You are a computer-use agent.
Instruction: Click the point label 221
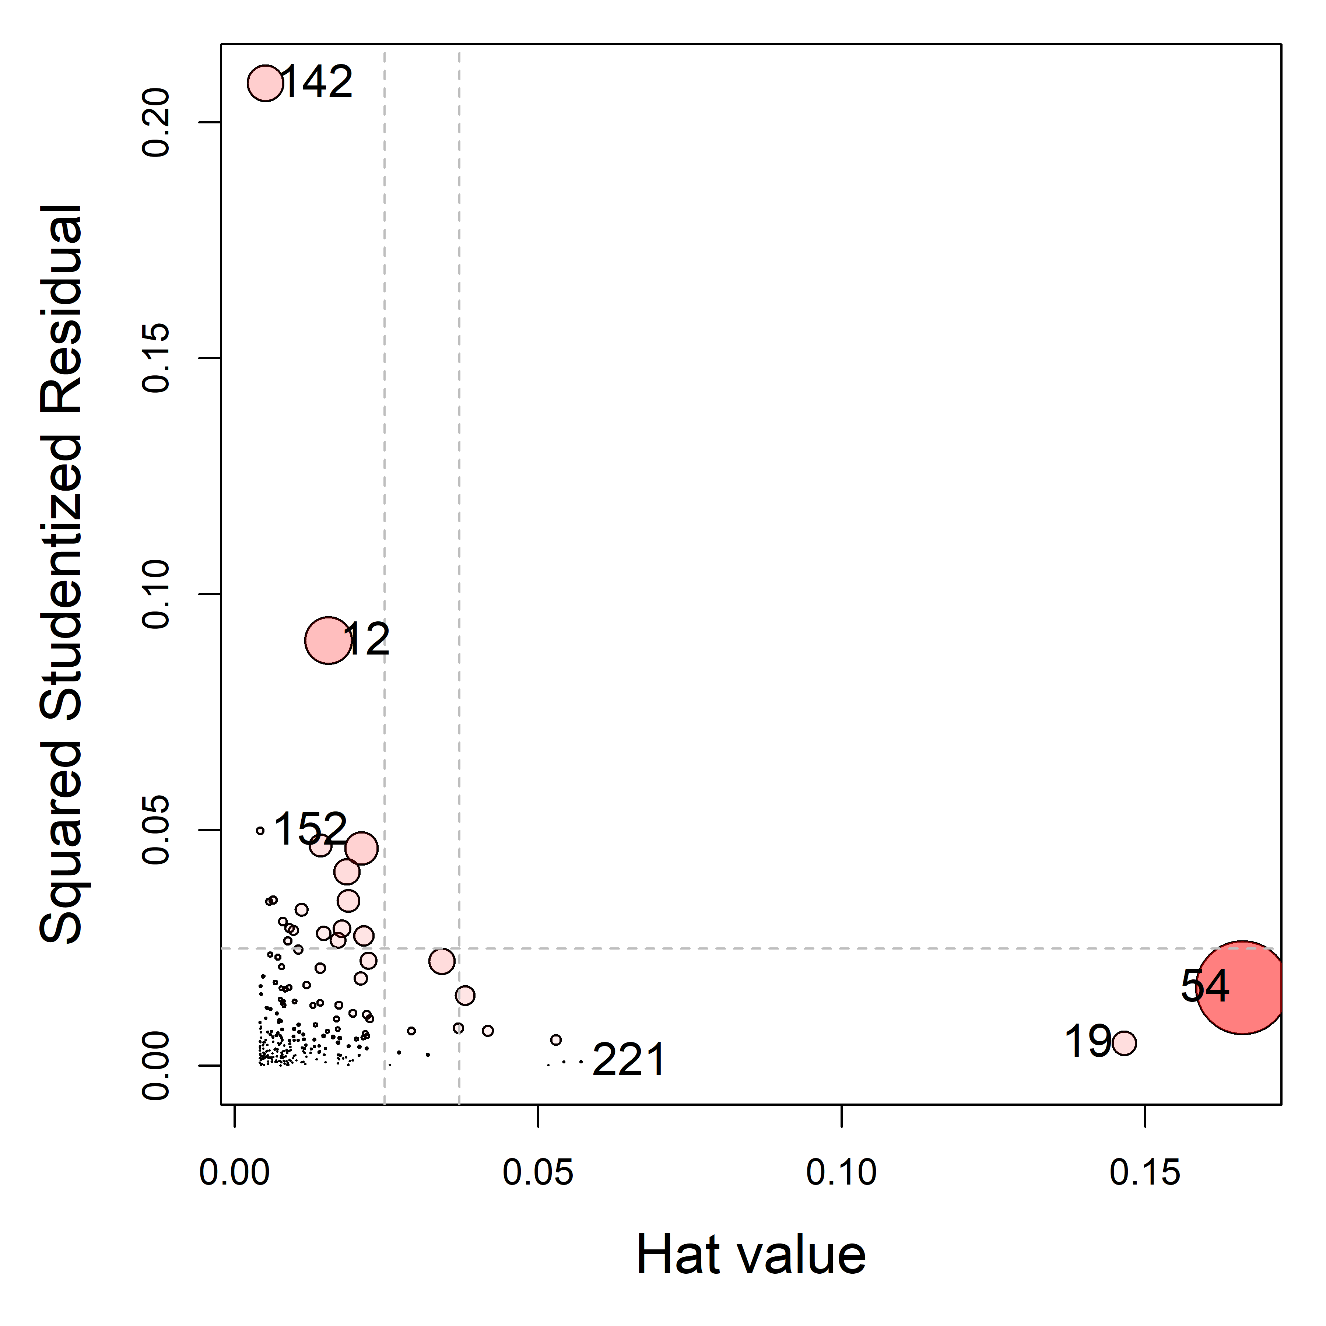[x=628, y=1060]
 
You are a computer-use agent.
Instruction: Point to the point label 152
[x=310, y=829]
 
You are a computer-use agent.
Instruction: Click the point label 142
[x=317, y=83]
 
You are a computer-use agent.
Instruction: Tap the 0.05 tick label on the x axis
[x=538, y=1173]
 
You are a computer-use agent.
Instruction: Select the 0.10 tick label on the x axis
[x=841, y=1173]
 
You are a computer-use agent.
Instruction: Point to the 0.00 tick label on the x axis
[x=235, y=1173]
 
